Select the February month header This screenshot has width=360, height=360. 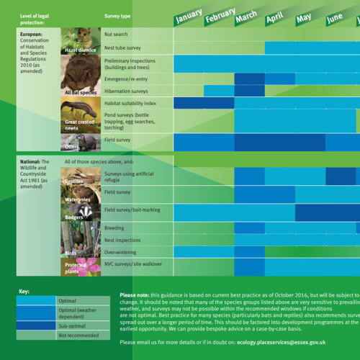point(220,16)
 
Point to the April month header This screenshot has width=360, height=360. point(274,18)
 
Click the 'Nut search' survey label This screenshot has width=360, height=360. point(116,34)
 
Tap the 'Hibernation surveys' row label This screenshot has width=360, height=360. point(126,91)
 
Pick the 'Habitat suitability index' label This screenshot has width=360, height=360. point(130,104)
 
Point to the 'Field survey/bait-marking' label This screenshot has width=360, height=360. point(132,210)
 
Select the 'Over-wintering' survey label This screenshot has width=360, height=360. point(122,253)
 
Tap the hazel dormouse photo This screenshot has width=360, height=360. point(80,40)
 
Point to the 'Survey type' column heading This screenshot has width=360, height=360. point(117,15)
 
